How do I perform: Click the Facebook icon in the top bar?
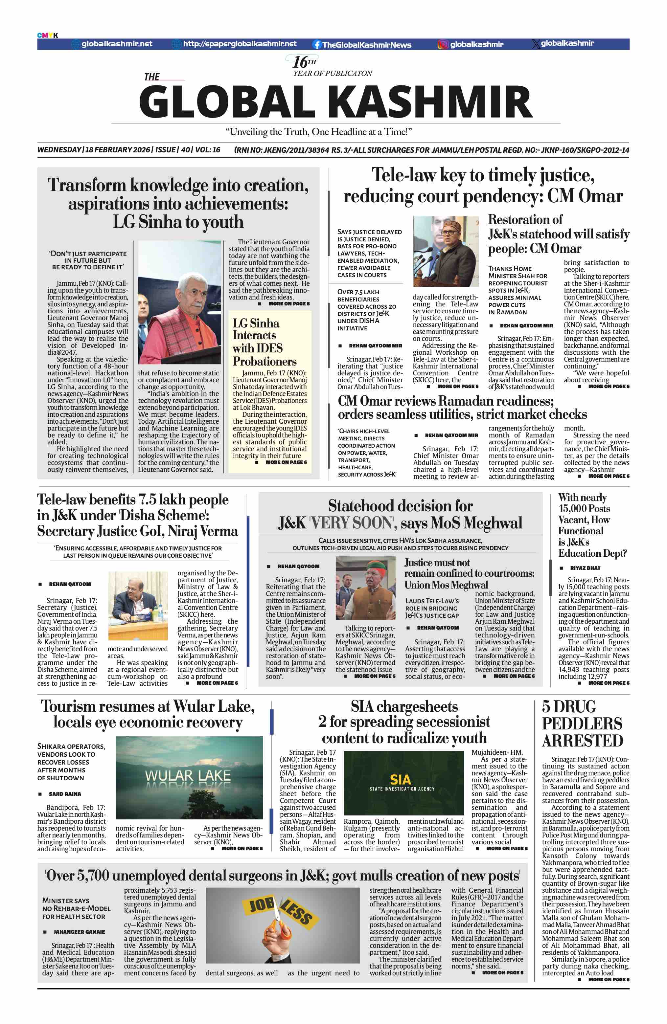(x=317, y=44)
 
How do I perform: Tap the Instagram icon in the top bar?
(x=442, y=44)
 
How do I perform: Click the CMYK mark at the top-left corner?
(x=47, y=35)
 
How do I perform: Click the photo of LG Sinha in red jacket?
(x=179, y=302)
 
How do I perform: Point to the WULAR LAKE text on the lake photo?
(x=188, y=775)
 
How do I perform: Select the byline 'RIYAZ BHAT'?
(x=585, y=568)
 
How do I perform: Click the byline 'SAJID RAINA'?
(x=64, y=794)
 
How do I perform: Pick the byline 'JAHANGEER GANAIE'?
(x=79, y=932)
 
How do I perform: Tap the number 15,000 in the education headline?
(x=577, y=509)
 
